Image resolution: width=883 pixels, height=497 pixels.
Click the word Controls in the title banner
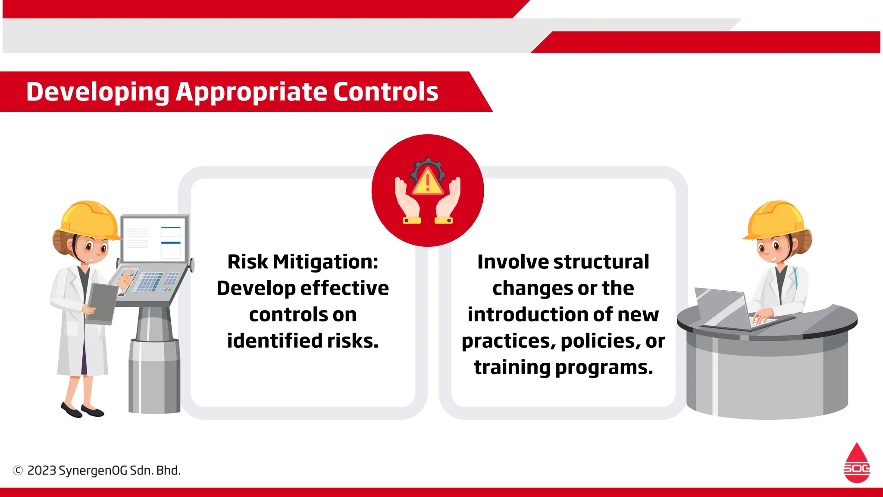[x=385, y=92]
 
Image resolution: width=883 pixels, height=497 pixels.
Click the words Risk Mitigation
[x=302, y=262]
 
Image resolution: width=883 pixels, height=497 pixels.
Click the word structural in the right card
[x=601, y=262]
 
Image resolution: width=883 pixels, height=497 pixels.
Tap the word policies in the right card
[x=600, y=341]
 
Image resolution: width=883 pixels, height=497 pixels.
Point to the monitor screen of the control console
[x=154, y=239]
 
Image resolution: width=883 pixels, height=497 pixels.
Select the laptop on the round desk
[x=729, y=308]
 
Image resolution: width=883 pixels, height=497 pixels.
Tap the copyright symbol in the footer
[x=18, y=470]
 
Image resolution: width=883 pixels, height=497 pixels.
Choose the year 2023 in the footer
[x=42, y=470]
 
